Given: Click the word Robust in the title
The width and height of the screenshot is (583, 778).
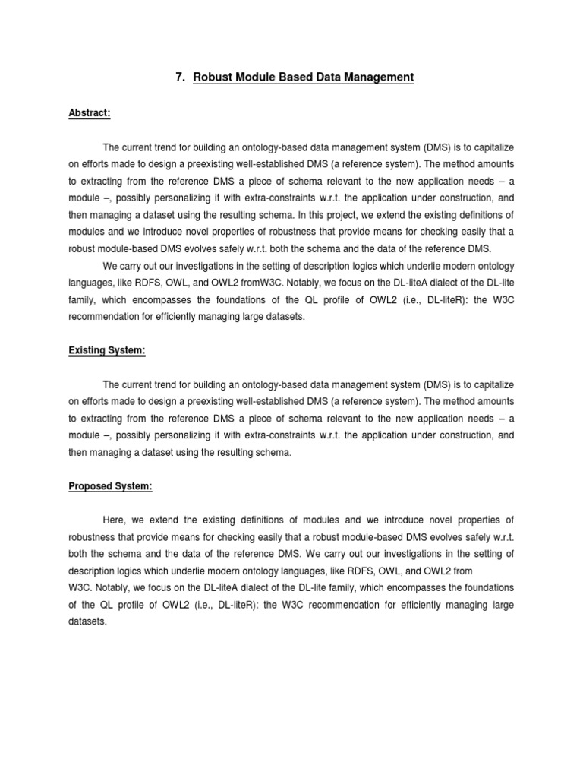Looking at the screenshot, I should pyautogui.click(x=213, y=77).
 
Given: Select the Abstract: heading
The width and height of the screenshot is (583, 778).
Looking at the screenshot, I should pyautogui.click(x=90, y=112).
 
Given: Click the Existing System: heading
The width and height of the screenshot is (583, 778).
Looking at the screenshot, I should pyautogui.click(x=107, y=350).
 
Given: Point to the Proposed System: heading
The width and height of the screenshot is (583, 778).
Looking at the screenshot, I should pyautogui.click(x=111, y=487).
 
